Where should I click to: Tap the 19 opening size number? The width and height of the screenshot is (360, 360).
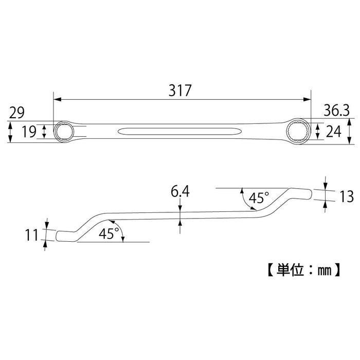[29, 132]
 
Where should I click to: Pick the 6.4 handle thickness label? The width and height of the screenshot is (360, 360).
[180, 193]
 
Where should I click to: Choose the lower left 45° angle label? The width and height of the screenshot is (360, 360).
[109, 233]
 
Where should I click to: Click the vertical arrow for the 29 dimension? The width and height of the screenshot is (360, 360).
[11, 132]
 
